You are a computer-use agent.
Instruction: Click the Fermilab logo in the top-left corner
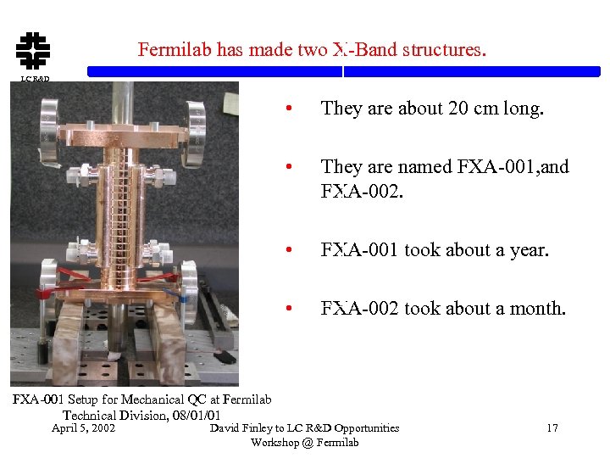pyautogui.click(x=30, y=51)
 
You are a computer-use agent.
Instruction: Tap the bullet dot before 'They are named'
pyautogui.click(x=290, y=167)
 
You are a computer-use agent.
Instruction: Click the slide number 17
pyautogui.click(x=552, y=428)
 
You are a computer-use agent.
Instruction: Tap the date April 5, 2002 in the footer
pyautogui.click(x=83, y=428)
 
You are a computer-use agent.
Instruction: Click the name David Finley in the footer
pyautogui.click(x=241, y=428)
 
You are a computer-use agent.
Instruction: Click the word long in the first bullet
pyautogui.click(x=522, y=109)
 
